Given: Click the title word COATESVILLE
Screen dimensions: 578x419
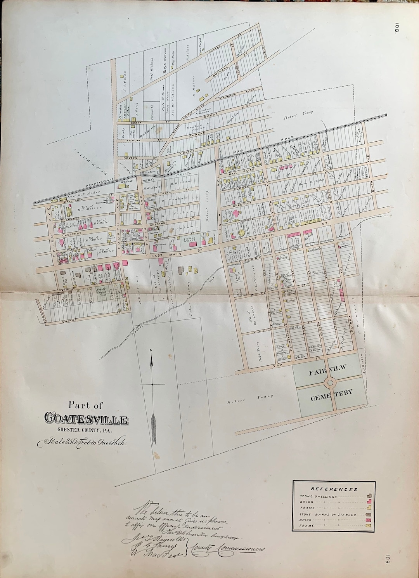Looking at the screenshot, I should (86, 419).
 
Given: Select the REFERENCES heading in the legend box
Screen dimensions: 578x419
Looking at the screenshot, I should (334, 489).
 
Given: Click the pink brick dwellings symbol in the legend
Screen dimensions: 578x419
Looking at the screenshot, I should (370, 502).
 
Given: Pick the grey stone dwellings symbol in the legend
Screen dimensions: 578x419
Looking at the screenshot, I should (370, 496).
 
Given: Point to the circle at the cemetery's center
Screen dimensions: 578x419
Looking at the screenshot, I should (331, 382).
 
